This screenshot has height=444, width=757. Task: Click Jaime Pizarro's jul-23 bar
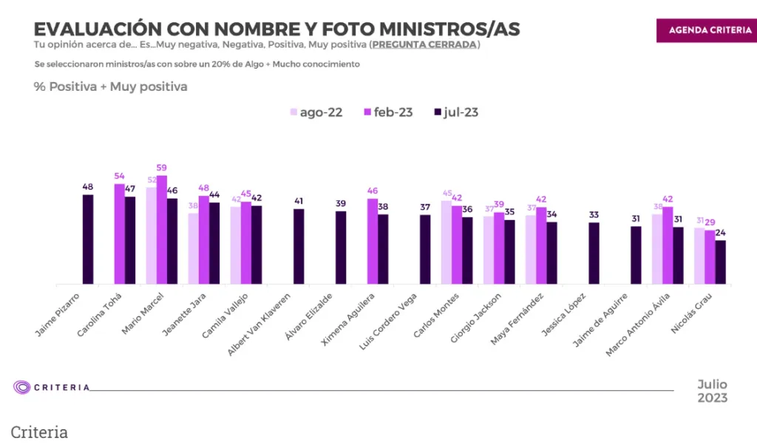click(x=88, y=239)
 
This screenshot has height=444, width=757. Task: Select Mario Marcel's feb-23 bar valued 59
click(x=162, y=230)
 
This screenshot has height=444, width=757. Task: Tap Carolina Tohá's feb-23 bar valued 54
click(x=119, y=234)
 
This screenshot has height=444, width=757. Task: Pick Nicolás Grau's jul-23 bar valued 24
click(x=721, y=262)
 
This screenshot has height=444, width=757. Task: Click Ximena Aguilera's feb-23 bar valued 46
click(x=373, y=242)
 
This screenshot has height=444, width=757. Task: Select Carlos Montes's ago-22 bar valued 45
click(x=446, y=242)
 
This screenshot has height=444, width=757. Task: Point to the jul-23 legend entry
click(x=457, y=112)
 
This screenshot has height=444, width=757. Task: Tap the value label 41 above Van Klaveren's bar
click(x=299, y=200)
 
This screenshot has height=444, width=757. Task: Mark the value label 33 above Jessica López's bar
click(x=594, y=215)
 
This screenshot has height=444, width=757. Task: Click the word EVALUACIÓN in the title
click(x=87, y=29)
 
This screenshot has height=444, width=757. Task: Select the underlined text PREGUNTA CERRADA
click(x=424, y=45)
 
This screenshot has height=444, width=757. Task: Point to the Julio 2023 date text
click(x=713, y=391)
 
